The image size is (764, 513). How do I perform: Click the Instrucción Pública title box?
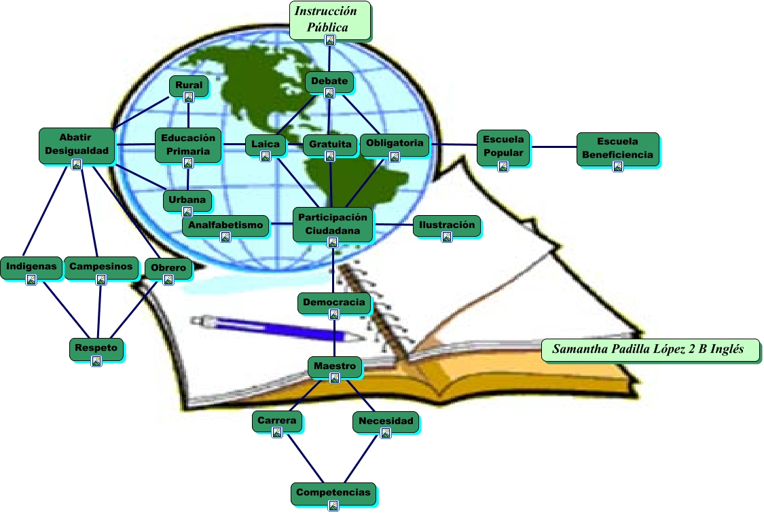coord(330,20)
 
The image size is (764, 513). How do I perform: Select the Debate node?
coord(329,82)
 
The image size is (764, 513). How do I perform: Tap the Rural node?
coord(189,86)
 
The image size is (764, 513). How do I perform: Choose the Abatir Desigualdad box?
coord(75,145)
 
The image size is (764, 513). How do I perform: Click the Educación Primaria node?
coord(188,145)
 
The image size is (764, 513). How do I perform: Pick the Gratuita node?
coord(329,145)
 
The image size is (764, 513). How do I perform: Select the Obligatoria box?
coord(395,144)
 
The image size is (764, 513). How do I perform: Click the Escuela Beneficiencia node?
coord(617,149)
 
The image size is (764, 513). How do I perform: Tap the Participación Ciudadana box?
coord(333,224)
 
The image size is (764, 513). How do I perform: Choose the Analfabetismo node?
coord(225,226)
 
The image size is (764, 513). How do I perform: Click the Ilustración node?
coord(446,226)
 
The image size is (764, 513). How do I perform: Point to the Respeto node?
coord(96,349)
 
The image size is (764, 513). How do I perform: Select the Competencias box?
coord(333,493)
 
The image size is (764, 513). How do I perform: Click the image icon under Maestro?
coord(334,379)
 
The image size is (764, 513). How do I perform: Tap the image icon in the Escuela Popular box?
coord(503,166)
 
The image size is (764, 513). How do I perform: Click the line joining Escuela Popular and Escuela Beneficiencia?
coord(553,147)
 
